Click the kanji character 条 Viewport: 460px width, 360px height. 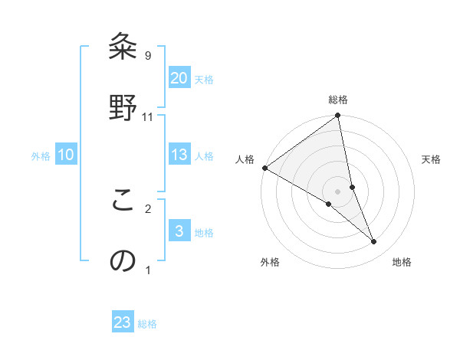click(x=123, y=48)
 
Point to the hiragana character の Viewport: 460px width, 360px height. click(x=123, y=260)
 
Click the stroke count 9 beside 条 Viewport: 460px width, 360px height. click(x=148, y=56)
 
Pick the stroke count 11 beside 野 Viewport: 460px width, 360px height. click(x=148, y=116)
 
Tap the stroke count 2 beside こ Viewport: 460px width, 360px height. click(x=148, y=208)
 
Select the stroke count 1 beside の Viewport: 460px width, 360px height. click(x=148, y=270)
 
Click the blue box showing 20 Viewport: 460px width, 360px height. click(x=179, y=78)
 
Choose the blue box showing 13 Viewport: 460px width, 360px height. click(x=179, y=155)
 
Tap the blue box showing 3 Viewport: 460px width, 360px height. click(x=179, y=231)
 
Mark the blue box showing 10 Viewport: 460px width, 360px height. click(x=66, y=155)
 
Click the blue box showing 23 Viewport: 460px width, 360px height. click(x=123, y=322)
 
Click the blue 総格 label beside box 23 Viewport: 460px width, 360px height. click(x=147, y=324)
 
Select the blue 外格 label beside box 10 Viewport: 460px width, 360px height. click(x=41, y=156)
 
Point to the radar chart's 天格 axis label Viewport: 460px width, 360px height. click(x=432, y=159)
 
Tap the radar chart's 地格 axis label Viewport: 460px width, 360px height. click(x=402, y=262)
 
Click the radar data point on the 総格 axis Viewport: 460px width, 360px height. click(x=338, y=116)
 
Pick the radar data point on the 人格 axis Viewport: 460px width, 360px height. click(x=264, y=168)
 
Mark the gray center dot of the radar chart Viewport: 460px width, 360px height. click(x=338, y=191)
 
